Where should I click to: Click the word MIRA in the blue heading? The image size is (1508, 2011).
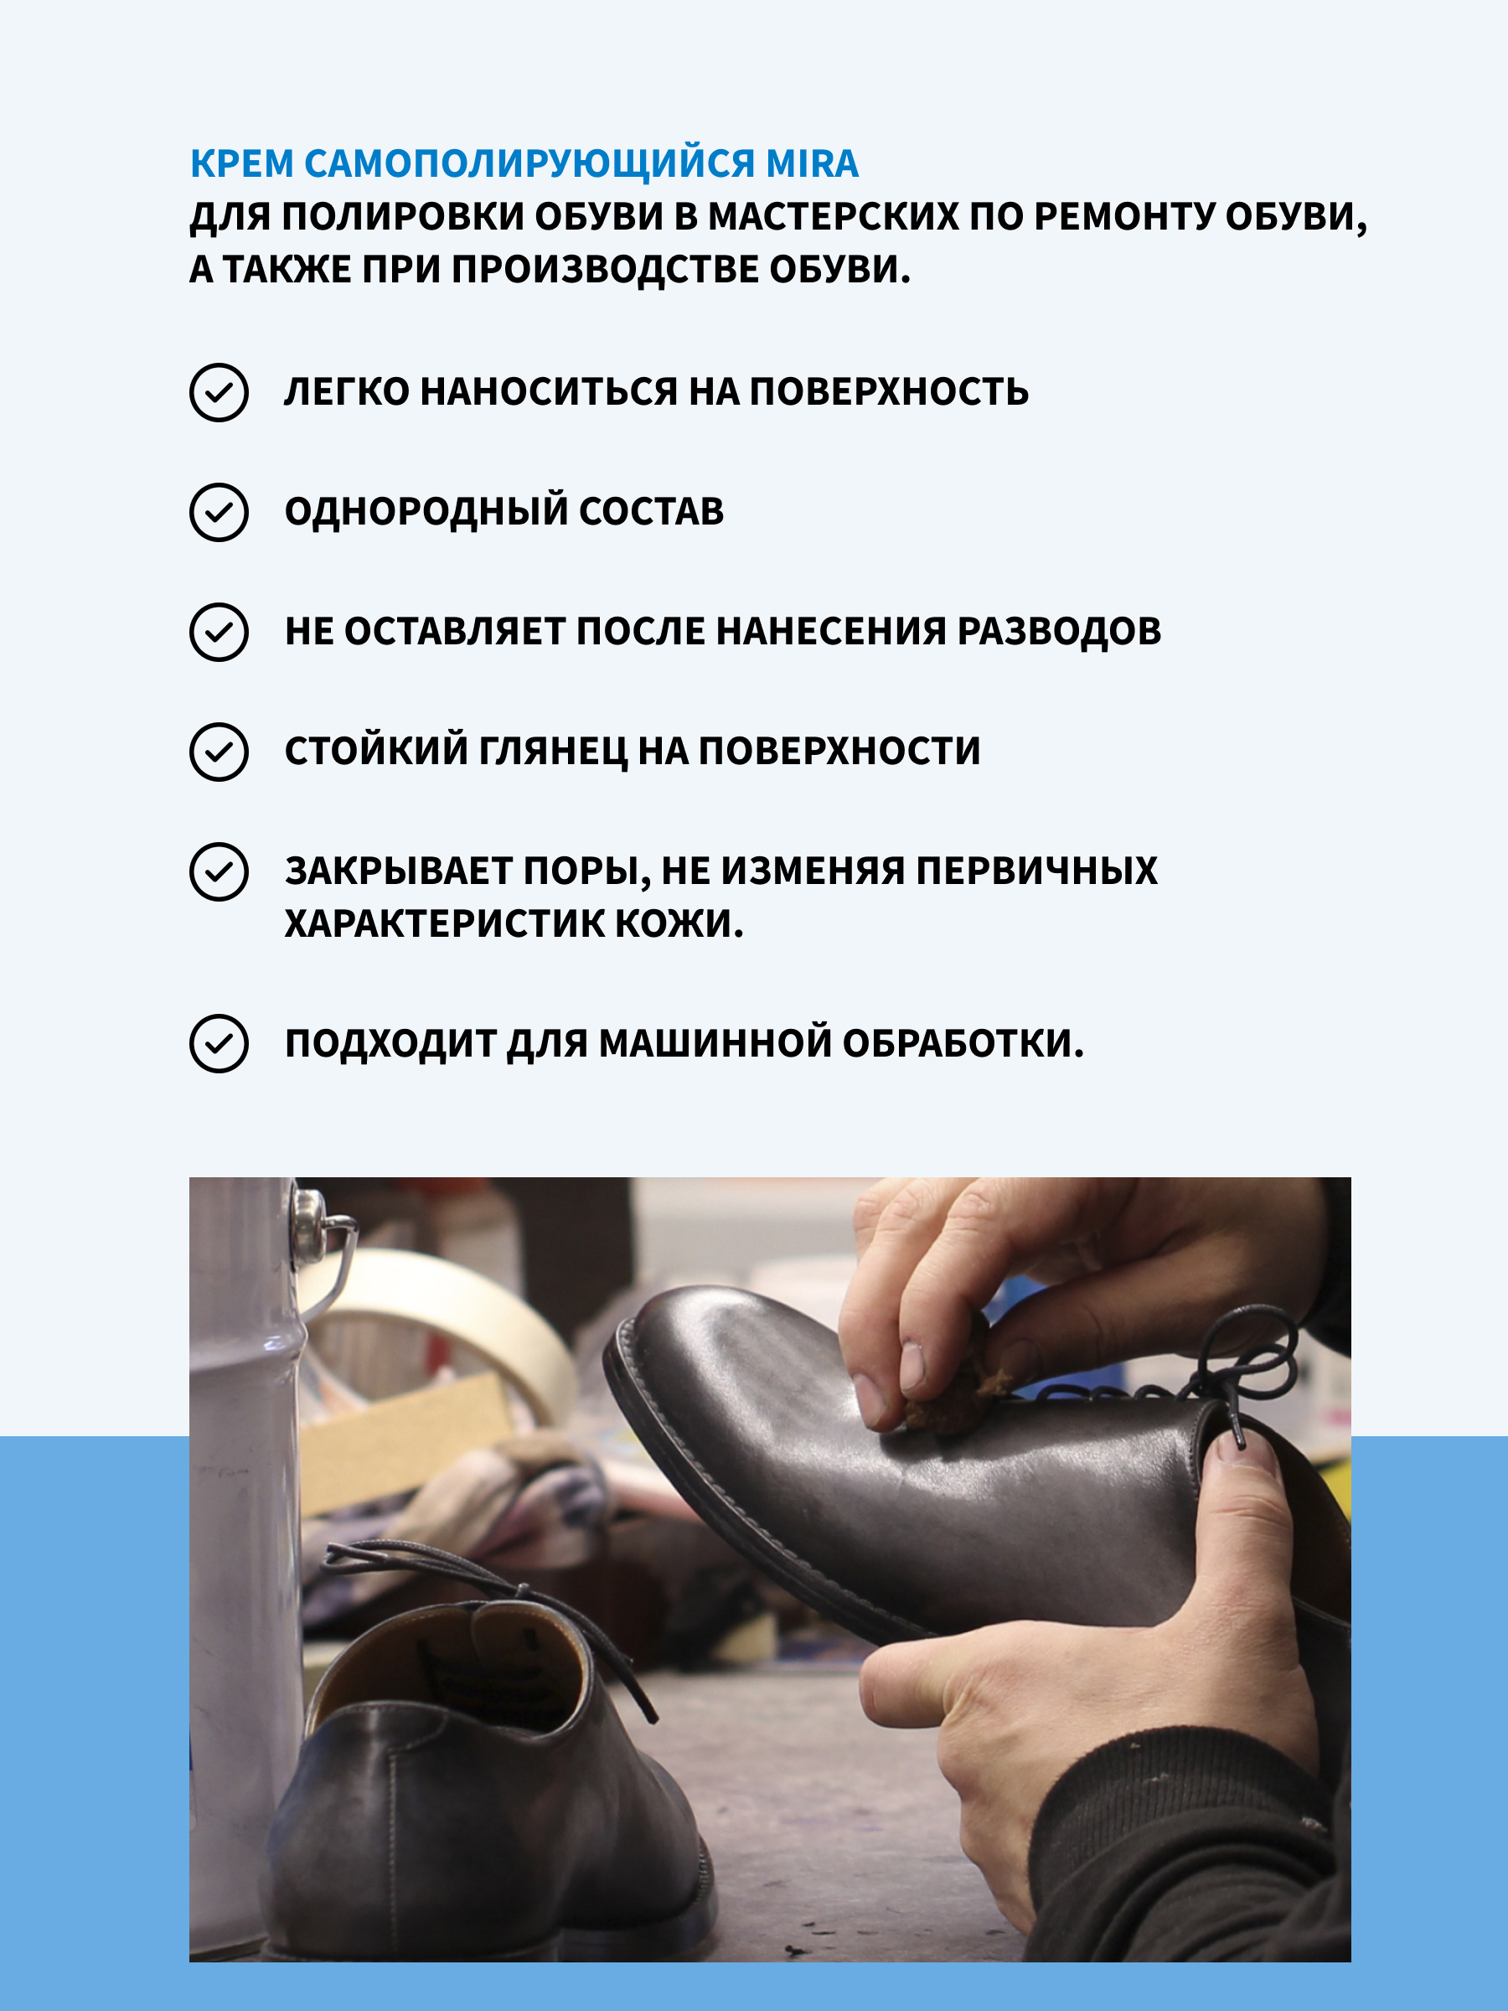812,163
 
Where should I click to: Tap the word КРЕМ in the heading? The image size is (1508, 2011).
242,163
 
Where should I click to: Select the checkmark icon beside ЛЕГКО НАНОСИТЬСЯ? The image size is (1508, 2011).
219,393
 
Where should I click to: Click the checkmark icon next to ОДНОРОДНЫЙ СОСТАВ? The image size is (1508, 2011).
219,513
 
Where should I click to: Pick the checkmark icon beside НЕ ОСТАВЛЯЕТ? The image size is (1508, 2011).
219,632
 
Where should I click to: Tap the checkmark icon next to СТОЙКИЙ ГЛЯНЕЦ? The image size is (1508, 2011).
219,752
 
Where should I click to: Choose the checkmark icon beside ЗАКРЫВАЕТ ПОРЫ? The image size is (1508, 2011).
219,872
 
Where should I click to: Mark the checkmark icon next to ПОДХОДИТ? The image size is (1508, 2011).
219,1044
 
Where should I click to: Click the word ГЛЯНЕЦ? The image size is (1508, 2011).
553,752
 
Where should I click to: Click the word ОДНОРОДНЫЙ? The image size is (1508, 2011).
426,512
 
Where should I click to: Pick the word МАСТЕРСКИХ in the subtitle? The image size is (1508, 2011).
833,216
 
